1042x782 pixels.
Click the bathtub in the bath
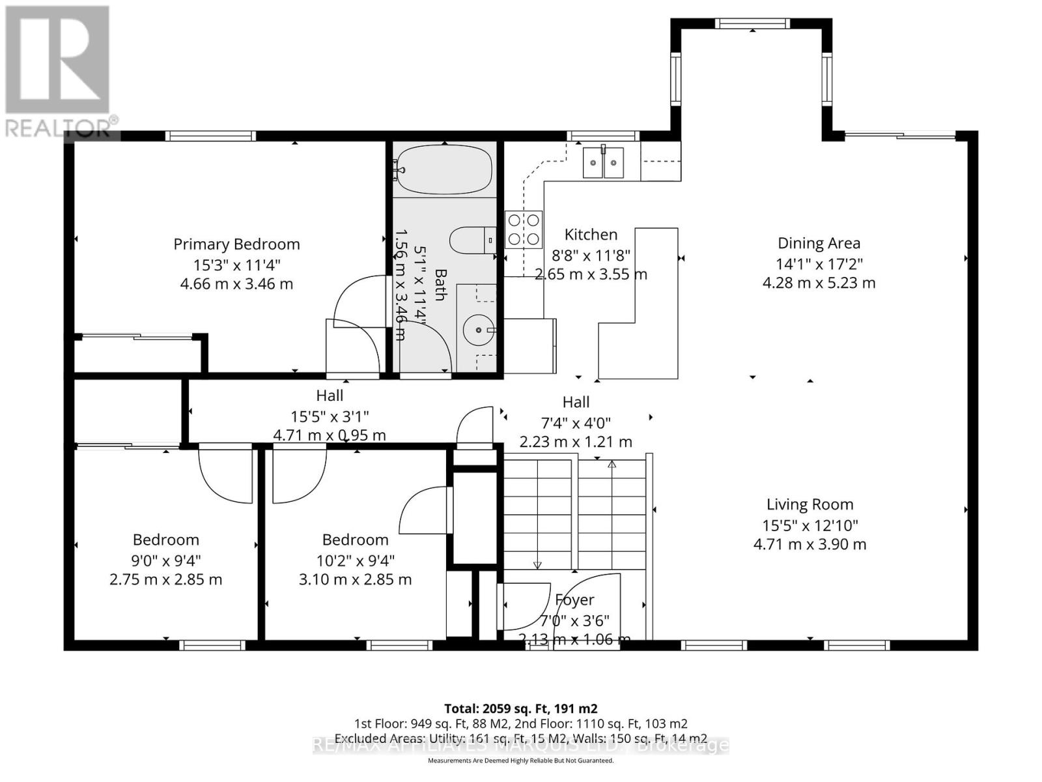(x=444, y=169)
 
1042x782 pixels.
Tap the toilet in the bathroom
(x=472, y=240)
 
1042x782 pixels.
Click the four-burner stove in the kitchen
(x=524, y=229)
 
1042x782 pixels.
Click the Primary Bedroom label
(x=236, y=244)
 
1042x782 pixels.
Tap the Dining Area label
(x=819, y=243)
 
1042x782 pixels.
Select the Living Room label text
(x=810, y=504)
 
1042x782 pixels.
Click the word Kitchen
(x=591, y=235)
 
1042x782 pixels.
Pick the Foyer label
(x=574, y=600)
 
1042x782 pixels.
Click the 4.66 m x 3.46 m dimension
(x=236, y=284)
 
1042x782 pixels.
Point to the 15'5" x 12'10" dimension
(x=810, y=525)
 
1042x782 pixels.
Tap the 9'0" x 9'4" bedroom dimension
(x=166, y=560)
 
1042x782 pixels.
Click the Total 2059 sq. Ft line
(x=520, y=708)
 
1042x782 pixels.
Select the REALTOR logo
(x=59, y=72)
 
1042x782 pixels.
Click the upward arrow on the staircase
(x=612, y=464)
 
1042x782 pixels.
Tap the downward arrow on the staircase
(x=537, y=564)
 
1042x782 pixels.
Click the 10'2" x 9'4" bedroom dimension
(x=355, y=560)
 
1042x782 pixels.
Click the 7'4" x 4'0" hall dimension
(x=576, y=423)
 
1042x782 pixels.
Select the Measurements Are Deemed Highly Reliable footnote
(x=520, y=760)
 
